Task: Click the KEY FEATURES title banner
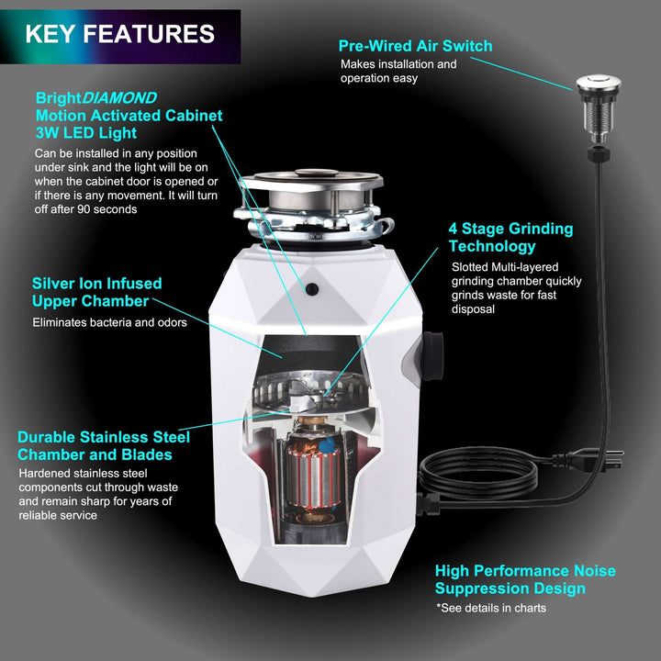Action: pos(120,35)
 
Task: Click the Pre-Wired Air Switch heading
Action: pos(415,46)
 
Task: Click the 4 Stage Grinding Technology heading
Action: pos(510,237)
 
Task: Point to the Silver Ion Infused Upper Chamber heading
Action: pos(96,292)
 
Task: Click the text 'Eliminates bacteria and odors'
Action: pos(109,322)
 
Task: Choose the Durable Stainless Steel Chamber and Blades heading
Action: pos(104,445)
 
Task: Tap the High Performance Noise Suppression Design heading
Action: pos(525,579)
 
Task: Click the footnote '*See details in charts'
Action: pos(490,608)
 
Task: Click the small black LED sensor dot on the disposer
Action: pos(313,288)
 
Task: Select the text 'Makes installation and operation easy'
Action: pos(398,71)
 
